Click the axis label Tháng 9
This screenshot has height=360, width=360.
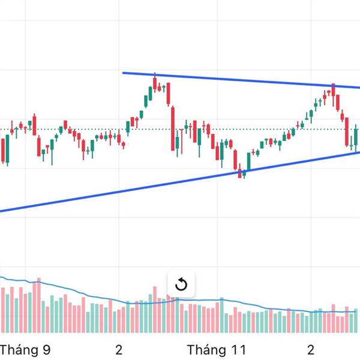pyautogui.click(x=25, y=350)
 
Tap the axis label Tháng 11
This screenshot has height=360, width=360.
pyautogui.click(x=217, y=350)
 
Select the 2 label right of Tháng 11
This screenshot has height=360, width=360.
pyautogui.click(x=311, y=350)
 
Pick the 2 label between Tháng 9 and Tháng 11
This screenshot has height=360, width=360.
pyautogui.click(x=119, y=350)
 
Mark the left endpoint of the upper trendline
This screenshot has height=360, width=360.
pyautogui.click(x=123, y=73)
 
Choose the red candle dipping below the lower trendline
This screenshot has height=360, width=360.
pyautogui.click(x=240, y=173)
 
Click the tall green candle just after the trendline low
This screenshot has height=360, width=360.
pyautogui.click(x=249, y=160)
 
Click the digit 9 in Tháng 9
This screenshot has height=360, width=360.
pyautogui.click(x=47, y=350)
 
